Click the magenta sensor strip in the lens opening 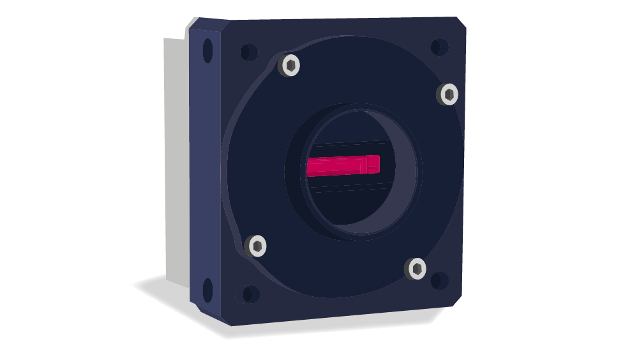343,165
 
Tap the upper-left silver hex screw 290,65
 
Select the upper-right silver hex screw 449,94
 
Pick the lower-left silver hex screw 257,246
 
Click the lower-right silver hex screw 416,269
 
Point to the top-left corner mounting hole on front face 248,52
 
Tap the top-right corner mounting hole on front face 439,47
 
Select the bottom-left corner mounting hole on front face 250,294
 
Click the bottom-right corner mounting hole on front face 439,281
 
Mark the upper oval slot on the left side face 207,50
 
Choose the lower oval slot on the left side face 207,290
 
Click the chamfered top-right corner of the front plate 461,22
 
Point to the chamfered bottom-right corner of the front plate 457,300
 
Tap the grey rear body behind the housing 176,160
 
